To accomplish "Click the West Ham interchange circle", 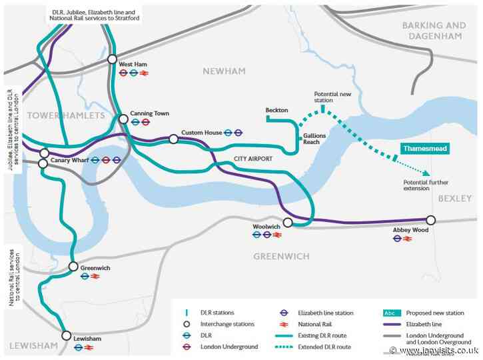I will pos(113,59).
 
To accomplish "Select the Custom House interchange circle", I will pos(173,139).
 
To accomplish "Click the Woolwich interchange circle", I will pos(288,223).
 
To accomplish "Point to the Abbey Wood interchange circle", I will pos(430,220).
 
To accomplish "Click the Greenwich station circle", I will pos(73,267).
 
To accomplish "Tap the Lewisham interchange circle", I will pos(66,335).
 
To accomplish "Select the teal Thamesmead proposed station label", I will pos(424,149).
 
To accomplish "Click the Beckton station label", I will pos(276,109).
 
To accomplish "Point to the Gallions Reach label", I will pos(316,138).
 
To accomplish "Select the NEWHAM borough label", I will pos(225,71).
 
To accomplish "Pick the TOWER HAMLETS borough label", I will pos(65,116).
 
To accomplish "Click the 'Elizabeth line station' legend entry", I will pos(324,312).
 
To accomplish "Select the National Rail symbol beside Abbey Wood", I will pos(408,239).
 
